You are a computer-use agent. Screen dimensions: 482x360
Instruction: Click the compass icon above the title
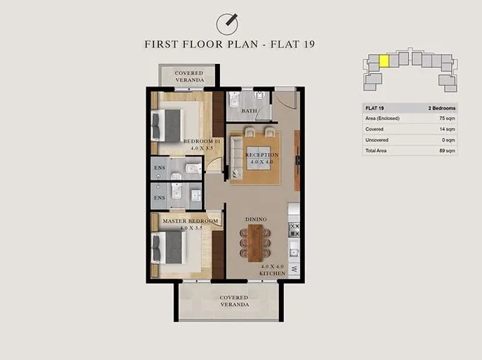[227, 24]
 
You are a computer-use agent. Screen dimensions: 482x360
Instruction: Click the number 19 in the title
[308, 44]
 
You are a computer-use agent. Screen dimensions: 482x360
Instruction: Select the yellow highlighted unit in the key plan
[384, 61]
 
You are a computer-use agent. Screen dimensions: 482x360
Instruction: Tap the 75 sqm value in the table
[447, 118]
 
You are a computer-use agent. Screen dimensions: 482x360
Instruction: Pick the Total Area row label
[376, 151]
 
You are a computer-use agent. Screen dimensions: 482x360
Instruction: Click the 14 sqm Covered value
[447, 129]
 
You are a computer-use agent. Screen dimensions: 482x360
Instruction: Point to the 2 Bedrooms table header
[442, 109]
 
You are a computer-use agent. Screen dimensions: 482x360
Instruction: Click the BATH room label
[249, 111]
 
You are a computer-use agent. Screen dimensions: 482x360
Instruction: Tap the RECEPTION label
[262, 155]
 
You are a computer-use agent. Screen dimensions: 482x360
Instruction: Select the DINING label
[256, 219]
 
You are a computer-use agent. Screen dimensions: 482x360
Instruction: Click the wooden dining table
[255, 243]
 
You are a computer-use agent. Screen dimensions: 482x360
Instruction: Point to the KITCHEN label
[272, 273]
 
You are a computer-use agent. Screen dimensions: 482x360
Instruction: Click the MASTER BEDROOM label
[190, 221]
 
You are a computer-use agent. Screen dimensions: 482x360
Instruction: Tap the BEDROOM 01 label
[202, 141]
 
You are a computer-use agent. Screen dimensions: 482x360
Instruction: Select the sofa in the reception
[237, 157]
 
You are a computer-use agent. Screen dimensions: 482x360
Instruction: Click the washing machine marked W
[294, 268]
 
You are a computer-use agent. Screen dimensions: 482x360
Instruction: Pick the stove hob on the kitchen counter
[294, 230]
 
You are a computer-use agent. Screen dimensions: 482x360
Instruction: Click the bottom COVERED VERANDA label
[234, 301]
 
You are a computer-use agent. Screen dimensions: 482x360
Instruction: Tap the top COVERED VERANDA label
[189, 77]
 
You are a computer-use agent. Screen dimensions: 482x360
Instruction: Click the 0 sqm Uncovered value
[448, 140]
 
